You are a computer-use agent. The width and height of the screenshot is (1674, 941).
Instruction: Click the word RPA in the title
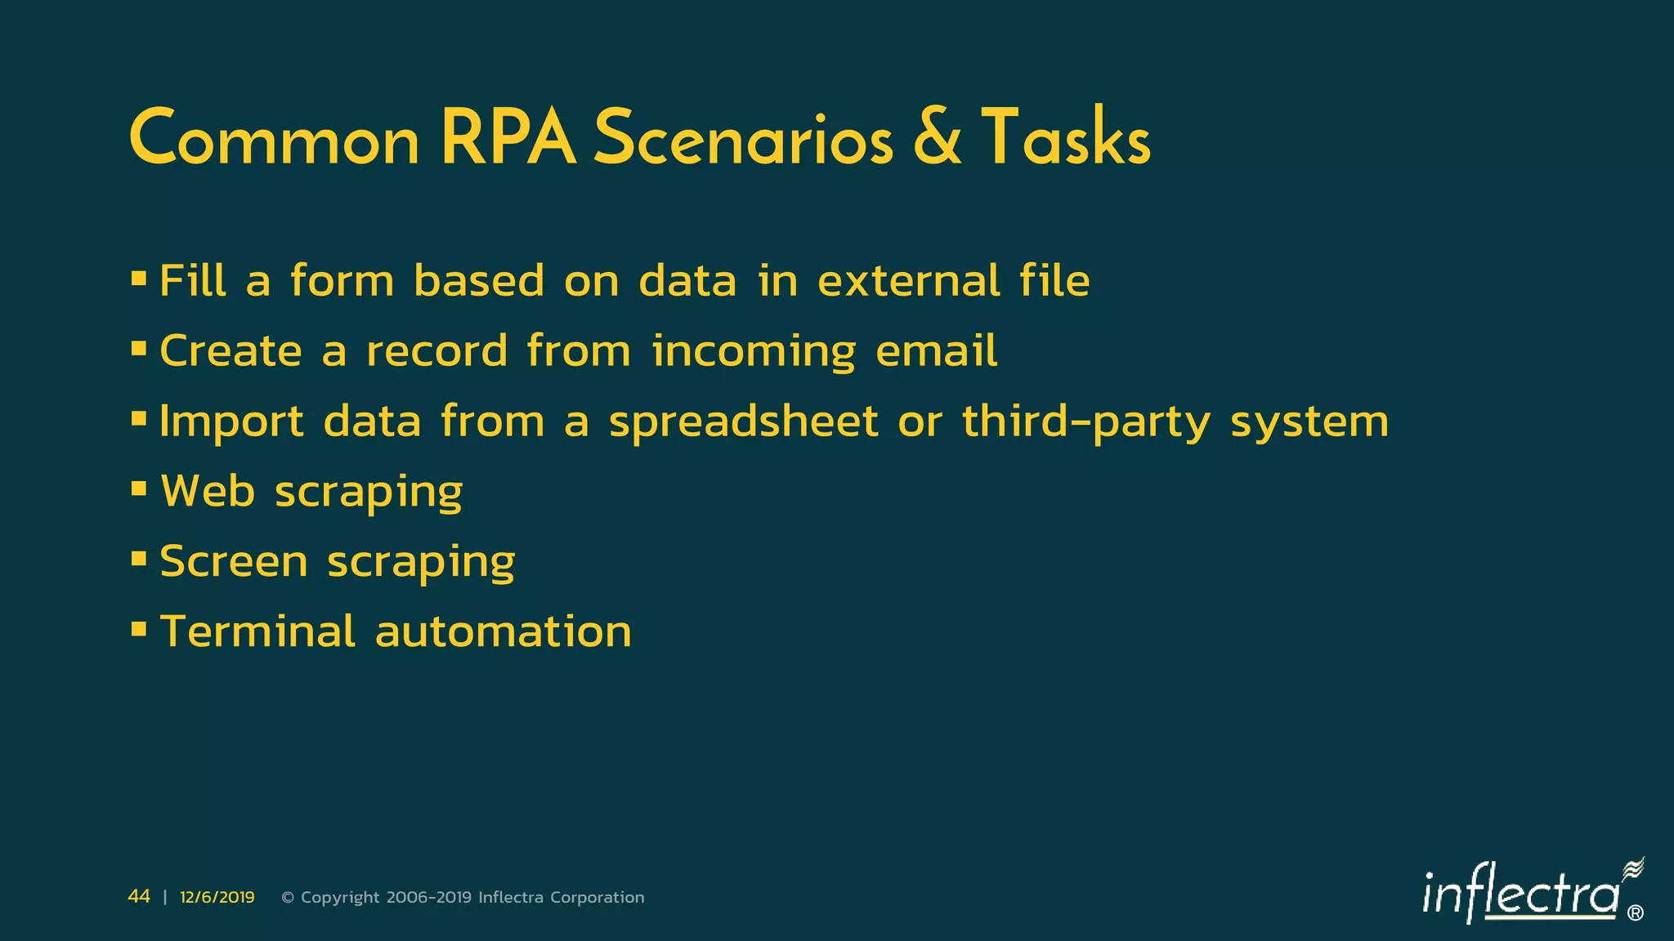tap(508, 138)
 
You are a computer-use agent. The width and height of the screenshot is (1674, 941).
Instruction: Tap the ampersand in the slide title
tap(937, 138)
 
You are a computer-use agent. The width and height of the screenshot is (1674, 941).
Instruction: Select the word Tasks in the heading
tap(1065, 138)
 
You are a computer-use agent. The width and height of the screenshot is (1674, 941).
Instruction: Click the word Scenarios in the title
tap(743, 140)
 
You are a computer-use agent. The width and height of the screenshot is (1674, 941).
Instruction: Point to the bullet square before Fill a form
tap(139, 279)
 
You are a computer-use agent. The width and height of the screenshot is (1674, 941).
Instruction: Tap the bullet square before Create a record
tap(139, 350)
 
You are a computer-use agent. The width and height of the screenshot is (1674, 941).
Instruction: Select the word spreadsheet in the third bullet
tap(743, 422)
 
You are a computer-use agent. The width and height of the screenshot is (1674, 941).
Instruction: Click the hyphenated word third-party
tap(1085, 422)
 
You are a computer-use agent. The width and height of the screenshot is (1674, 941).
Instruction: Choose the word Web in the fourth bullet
tap(208, 492)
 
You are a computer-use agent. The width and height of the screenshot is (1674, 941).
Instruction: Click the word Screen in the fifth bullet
tap(234, 562)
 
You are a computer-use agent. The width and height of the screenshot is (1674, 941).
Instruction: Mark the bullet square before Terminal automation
tap(139, 630)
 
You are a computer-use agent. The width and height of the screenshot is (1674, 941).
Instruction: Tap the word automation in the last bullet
tap(503, 632)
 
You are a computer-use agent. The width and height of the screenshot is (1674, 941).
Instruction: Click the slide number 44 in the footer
tap(139, 897)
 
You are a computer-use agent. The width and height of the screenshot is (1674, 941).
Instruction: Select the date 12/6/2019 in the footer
tap(217, 898)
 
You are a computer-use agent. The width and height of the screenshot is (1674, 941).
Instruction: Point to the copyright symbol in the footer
tap(288, 898)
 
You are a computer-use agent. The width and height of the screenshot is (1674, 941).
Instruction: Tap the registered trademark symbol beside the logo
tap(1636, 913)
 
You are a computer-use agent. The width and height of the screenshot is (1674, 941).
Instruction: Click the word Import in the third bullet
tap(231, 422)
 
